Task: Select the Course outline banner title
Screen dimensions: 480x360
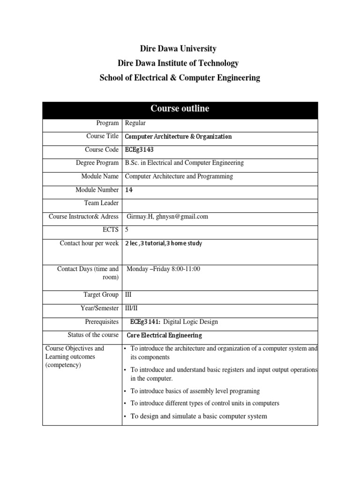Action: [x=180, y=109]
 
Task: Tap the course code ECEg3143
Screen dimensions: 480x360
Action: [x=139, y=150]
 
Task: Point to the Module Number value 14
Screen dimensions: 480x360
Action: [x=128, y=190]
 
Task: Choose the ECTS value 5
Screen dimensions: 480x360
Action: [x=127, y=230]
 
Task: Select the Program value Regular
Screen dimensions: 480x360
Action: [x=135, y=123]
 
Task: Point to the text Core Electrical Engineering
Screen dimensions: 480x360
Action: [x=165, y=335]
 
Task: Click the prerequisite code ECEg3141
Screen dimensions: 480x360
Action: [x=145, y=322]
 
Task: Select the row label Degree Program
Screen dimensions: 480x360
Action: [x=97, y=163]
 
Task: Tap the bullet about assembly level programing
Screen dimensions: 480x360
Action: [x=195, y=391]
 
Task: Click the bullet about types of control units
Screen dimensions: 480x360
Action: [x=204, y=403]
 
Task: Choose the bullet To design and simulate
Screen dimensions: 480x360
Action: [x=198, y=416]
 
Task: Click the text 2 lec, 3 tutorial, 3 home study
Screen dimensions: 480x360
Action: [x=164, y=243]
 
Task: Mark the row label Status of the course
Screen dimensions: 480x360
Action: [x=93, y=335]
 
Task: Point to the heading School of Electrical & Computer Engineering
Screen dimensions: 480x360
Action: [x=180, y=78]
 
